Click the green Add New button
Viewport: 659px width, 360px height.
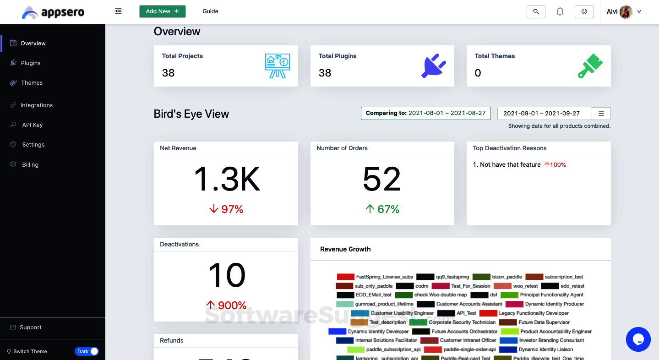point(162,11)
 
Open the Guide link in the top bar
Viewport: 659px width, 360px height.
point(210,11)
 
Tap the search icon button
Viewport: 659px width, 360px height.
point(536,12)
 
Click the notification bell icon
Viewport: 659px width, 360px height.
point(560,12)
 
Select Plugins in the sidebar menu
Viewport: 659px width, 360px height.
point(31,63)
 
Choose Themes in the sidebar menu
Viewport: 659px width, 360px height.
point(32,83)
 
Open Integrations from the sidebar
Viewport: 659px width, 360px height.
point(36,105)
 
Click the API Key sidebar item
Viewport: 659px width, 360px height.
point(32,125)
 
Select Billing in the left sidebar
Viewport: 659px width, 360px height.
point(30,165)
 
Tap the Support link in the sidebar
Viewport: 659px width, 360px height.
point(30,327)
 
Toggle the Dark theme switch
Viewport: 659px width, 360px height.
point(87,351)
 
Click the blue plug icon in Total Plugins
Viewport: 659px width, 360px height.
point(433,66)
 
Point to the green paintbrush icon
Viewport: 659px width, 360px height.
point(590,66)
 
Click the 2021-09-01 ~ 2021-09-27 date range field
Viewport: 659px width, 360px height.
point(544,114)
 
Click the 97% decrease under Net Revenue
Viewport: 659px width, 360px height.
point(226,209)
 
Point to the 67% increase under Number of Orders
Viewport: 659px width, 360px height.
point(382,209)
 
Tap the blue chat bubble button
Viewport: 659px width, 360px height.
point(638,339)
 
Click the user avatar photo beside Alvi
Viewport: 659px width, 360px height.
point(626,12)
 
